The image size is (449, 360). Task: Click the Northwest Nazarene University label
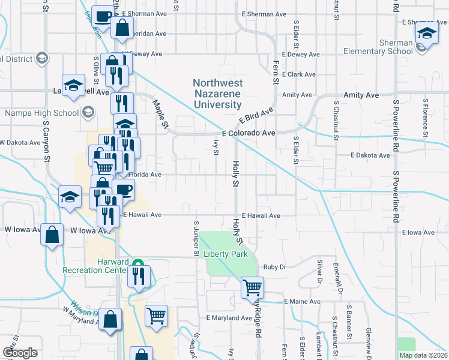point(217,94)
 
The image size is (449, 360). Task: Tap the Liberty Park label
point(226,254)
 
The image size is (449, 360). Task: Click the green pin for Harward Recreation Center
point(137,263)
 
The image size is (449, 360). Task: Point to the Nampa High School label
point(41,112)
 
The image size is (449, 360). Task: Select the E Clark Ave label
point(302,74)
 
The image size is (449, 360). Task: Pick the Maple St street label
point(160,113)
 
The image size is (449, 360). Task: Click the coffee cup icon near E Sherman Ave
point(103,16)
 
